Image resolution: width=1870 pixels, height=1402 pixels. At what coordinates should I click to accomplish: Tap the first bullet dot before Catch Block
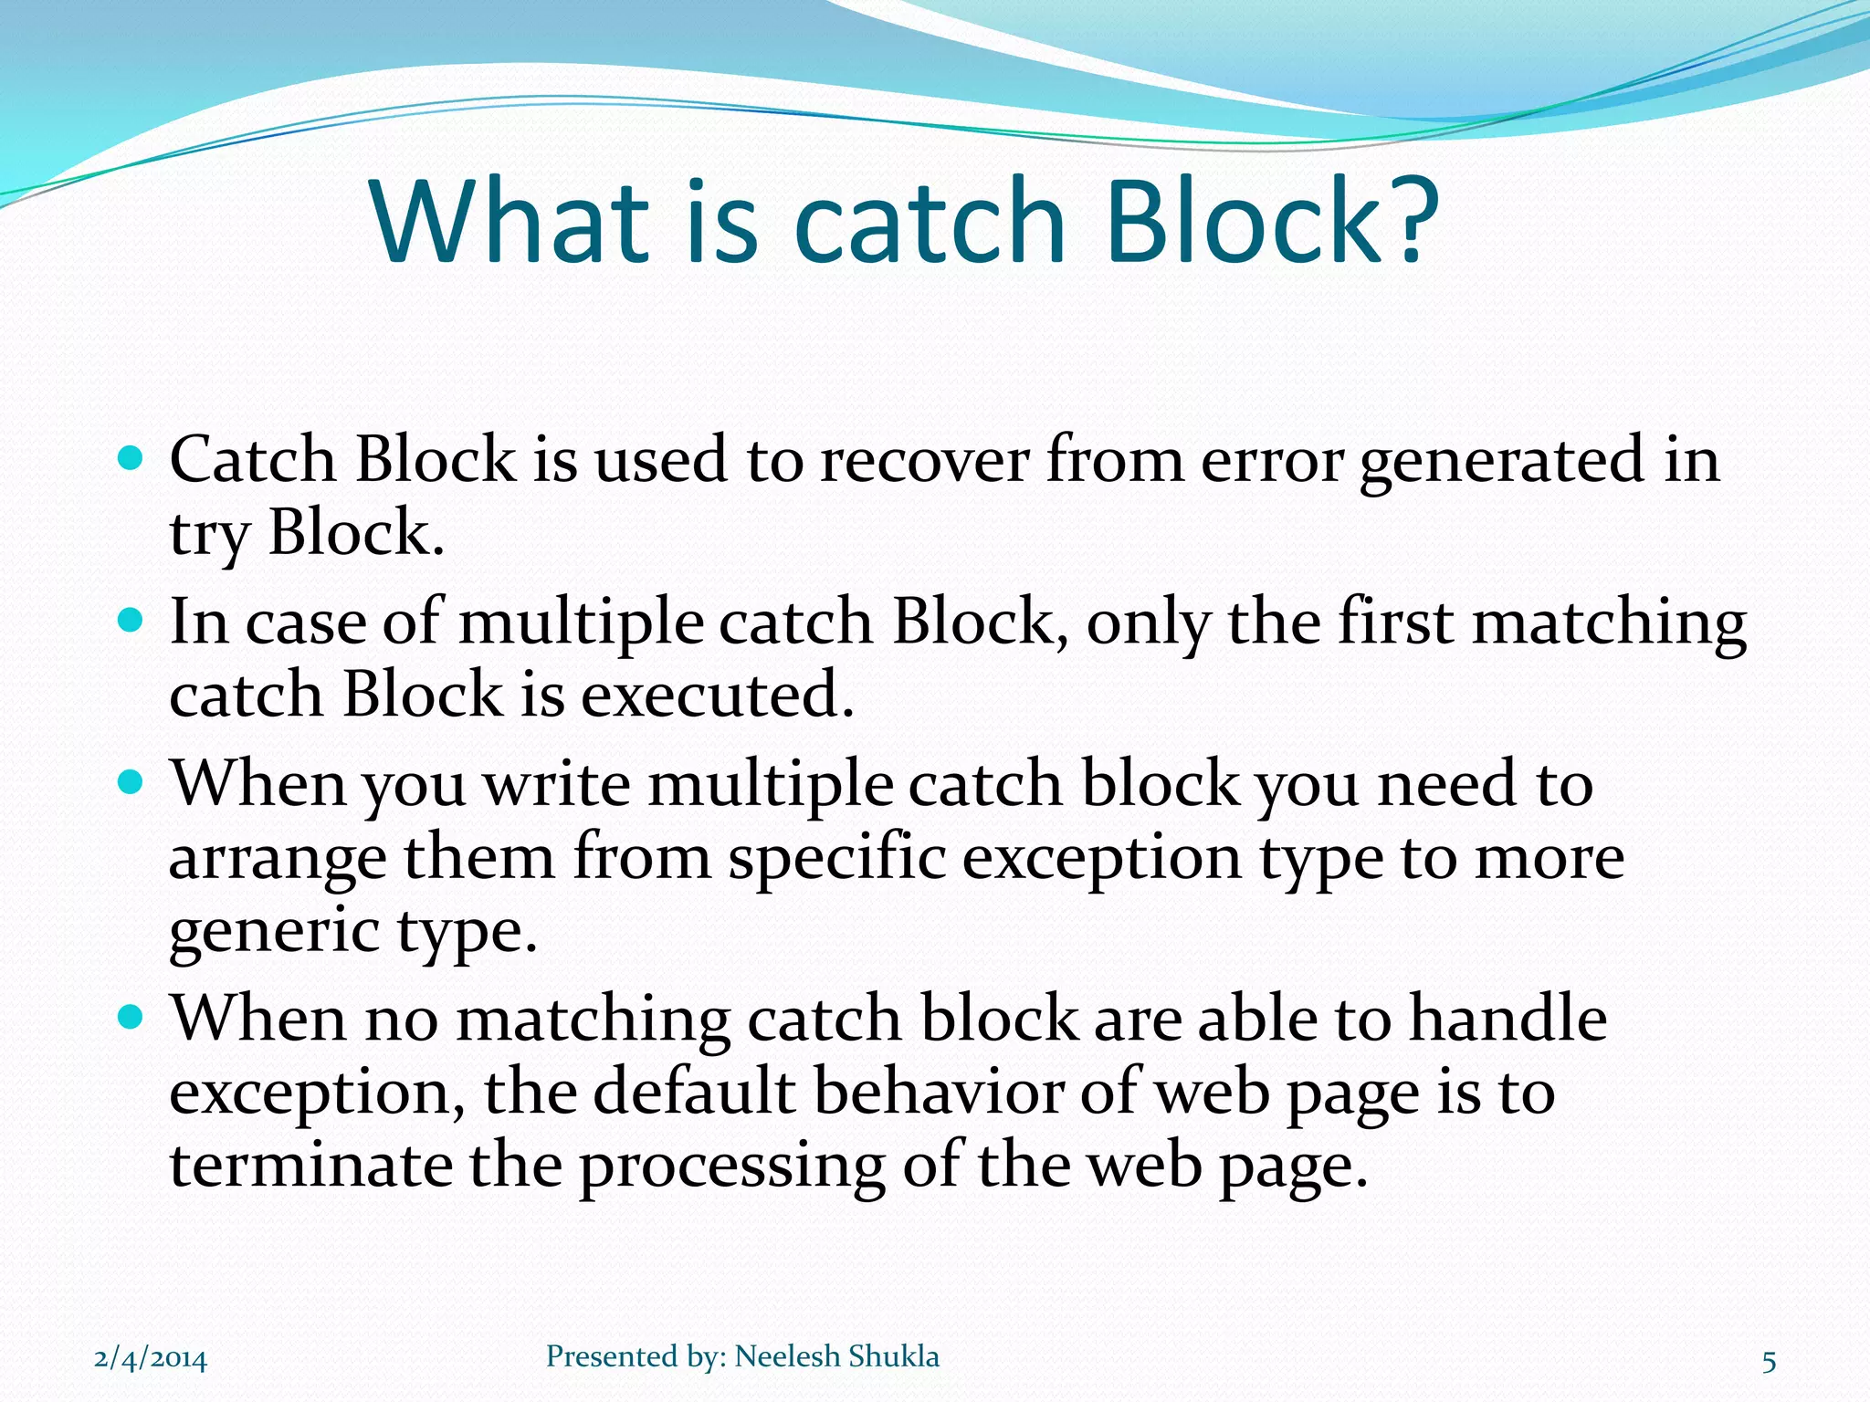[131, 458]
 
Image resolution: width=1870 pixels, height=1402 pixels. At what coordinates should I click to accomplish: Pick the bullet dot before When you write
[131, 782]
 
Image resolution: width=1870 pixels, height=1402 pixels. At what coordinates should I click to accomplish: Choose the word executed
[717, 696]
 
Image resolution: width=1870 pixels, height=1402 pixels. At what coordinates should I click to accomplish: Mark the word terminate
[310, 1166]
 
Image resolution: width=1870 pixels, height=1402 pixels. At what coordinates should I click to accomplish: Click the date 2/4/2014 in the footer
[151, 1359]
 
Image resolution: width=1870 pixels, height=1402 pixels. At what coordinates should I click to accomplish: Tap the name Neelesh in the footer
[787, 1356]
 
